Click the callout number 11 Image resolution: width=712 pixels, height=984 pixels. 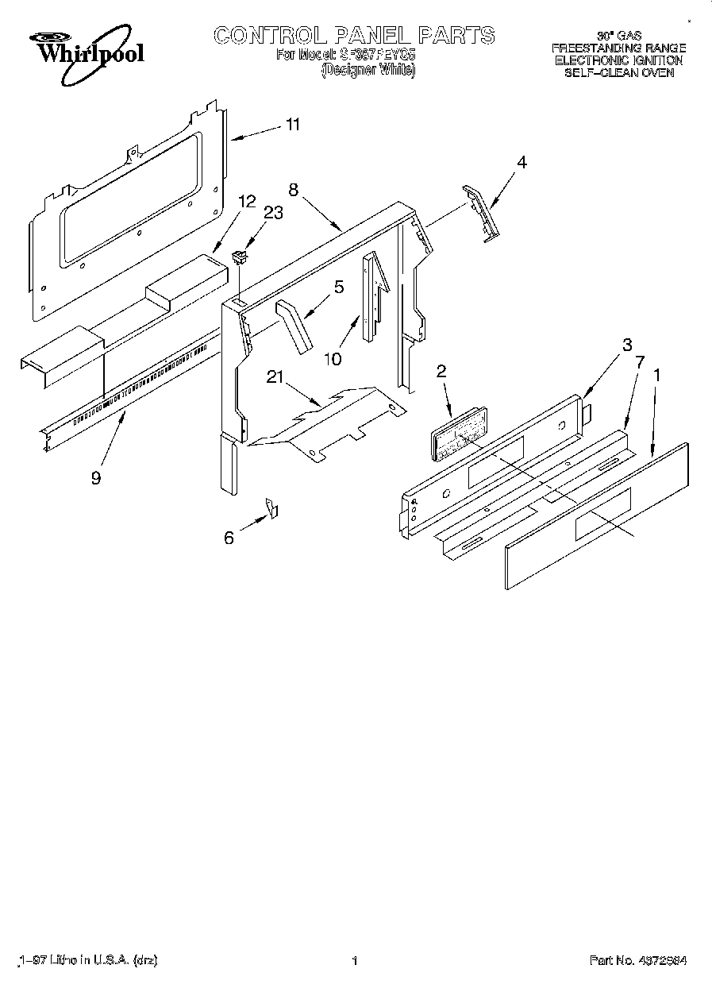point(293,125)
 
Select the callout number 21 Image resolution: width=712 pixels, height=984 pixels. point(275,378)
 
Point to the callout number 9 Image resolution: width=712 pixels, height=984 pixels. point(96,479)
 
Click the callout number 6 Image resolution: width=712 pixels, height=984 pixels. point(229,538)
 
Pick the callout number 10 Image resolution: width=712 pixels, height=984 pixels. point(333,359)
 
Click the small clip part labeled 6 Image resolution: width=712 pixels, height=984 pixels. point(272,508)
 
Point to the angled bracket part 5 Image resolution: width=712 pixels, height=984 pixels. point(294,325)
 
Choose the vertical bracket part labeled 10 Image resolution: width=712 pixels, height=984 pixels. point(371,298)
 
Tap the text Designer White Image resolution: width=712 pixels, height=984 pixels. point(368,71)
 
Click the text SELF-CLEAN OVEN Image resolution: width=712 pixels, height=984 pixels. point(619,72)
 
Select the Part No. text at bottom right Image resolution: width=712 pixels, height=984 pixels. point(637,960)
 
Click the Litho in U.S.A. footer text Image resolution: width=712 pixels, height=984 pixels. point(87,960)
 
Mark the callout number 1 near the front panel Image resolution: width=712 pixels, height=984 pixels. point(656,372)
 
